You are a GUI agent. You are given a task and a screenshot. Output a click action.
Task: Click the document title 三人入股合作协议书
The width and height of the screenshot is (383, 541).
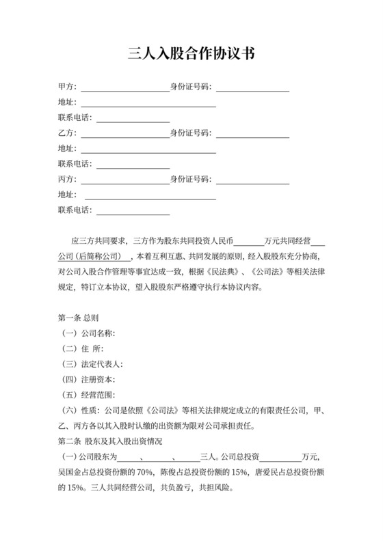point(191,54)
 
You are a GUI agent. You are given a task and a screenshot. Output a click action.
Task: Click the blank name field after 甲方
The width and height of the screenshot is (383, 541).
point(124,87)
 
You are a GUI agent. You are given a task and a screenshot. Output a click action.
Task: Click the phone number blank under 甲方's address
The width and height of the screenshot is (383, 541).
point(133,118)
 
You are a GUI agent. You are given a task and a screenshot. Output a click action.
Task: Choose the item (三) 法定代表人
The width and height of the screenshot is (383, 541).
point(92,364)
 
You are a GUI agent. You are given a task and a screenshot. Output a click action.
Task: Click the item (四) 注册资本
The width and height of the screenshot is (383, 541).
point(90,379)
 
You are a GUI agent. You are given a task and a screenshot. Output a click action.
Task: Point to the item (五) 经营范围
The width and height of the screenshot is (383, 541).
point(90,395)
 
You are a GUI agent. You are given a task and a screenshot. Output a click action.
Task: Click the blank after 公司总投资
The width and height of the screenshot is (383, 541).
point(280,457)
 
